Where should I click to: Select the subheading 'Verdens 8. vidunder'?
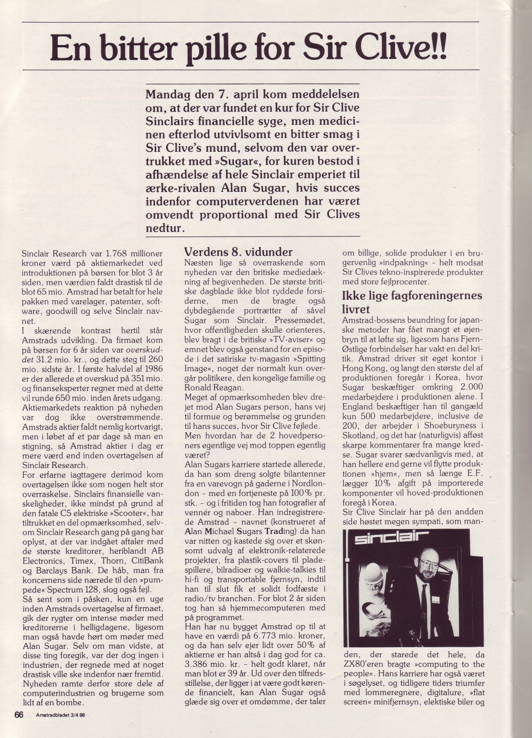click(238, 252)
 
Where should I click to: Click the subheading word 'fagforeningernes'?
click(437, 295)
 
